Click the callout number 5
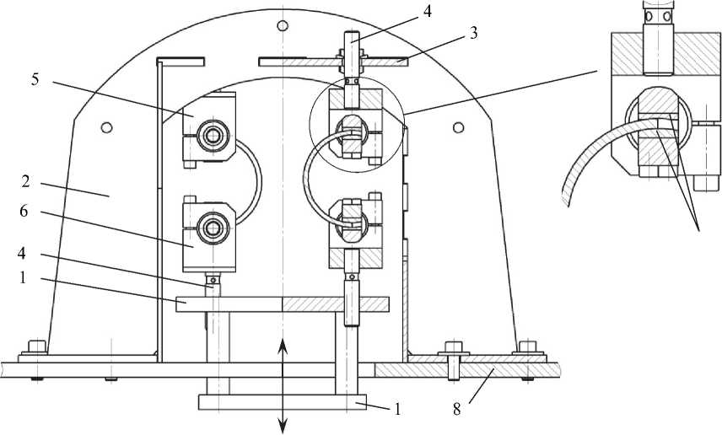35,79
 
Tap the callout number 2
26,181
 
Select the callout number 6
24,212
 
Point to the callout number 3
473,33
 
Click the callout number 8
457,409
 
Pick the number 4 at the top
428,12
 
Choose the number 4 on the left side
23,254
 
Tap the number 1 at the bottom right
397,409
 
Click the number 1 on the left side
23,278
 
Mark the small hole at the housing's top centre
283,25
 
